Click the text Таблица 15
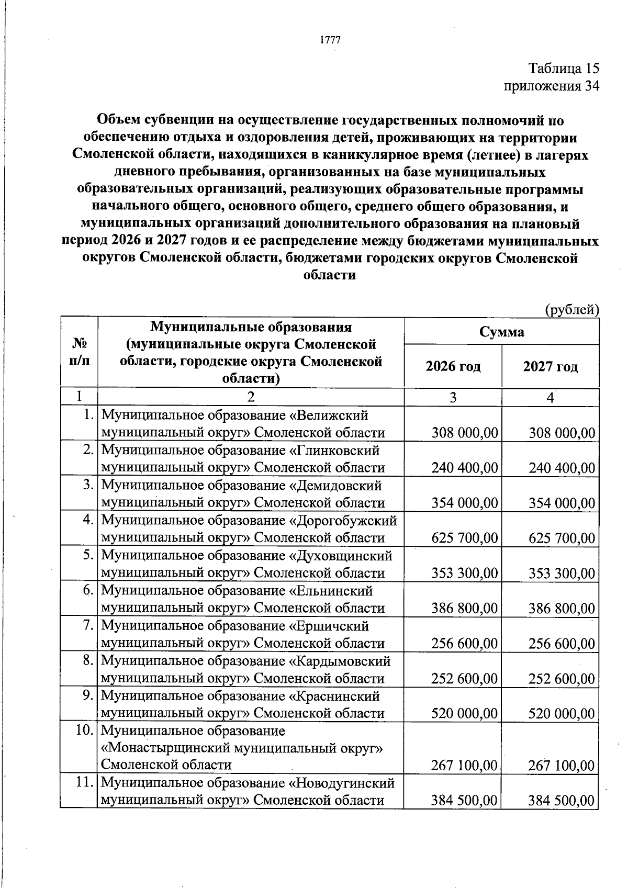[563, 69]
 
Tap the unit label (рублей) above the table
[572, 310]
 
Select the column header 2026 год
[453, 366]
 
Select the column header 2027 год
[550, 366]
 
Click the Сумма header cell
[501, 332]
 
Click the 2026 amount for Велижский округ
[464, 433]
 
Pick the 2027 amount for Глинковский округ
[562, 468]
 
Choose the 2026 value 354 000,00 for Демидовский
[464, 503]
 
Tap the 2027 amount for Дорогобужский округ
[562, 538]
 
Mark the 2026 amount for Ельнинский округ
[464, 608]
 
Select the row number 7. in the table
[88, 626]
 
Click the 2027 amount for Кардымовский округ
[562, 679]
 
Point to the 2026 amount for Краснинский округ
[464, 714]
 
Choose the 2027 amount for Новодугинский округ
[562, 801]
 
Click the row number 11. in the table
[85, 783]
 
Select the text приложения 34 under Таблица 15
[551, 86]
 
